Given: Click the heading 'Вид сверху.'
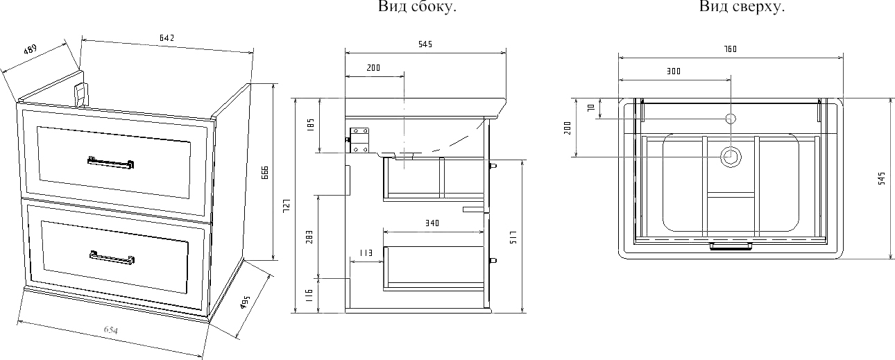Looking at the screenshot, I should (742, 8).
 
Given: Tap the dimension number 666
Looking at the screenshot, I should (264, 173).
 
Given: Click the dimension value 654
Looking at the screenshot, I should (111, 331).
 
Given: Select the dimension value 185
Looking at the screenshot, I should (311, 126).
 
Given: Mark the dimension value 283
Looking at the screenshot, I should (310, 237).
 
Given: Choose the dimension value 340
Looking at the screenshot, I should (432, 223).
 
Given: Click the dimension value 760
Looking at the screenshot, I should (729, 49).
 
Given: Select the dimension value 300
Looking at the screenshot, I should (673, 71).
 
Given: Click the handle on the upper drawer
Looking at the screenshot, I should (110, 163).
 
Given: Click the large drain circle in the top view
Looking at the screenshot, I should (730, 157).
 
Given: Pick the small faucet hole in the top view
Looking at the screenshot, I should (730, 118).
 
